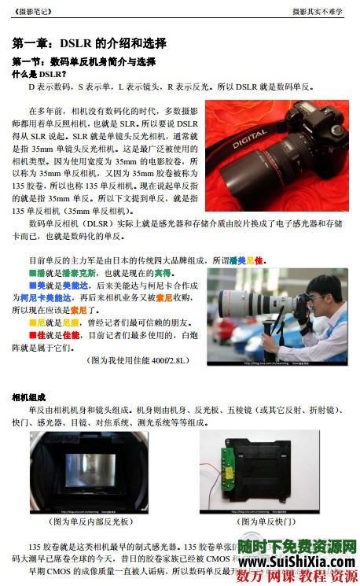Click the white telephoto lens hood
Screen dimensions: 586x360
click(228, 303)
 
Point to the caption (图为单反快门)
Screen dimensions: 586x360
click(269, 521)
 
